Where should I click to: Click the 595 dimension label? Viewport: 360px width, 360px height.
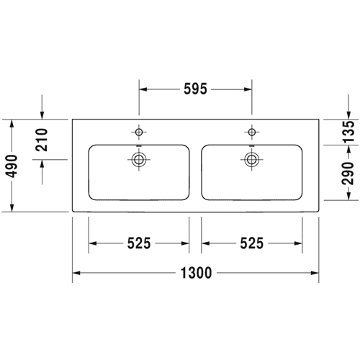[195, 89]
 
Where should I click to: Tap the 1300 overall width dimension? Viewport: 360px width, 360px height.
[196, 273]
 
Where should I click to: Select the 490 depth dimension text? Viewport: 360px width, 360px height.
[12, 166]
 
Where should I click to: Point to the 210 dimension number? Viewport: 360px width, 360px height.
[42, 140]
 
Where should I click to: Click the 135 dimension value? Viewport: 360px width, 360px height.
[348, 132]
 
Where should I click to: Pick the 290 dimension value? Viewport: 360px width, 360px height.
[348, 174]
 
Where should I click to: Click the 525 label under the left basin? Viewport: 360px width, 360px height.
[139, 243]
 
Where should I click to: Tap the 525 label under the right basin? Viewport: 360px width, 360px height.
[252, 243]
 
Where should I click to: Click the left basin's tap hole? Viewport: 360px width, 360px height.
[139, 132]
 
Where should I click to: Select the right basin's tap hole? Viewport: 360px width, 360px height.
[252, 132]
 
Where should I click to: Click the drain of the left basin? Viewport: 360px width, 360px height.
[139, 159]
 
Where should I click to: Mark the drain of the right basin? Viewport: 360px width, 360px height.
[252, 159]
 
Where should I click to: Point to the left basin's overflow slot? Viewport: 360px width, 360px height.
[139, 145]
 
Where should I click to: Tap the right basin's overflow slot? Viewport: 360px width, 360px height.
[252, 145]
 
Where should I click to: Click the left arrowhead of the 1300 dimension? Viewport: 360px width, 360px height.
[76, 273]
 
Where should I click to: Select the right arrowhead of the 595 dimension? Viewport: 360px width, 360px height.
[248, 89]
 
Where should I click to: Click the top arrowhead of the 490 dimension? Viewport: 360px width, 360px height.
[12, 123]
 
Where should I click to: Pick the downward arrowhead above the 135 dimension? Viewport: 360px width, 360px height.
[348, 115]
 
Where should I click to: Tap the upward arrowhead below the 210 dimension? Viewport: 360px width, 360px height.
[42, 163]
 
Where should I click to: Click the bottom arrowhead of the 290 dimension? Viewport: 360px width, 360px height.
[349, 196]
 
